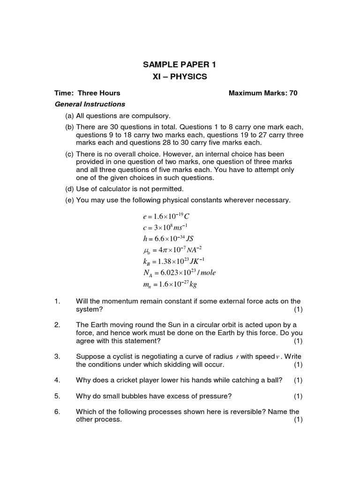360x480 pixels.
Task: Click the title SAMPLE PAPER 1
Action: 180,65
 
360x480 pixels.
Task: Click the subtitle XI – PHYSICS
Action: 180,76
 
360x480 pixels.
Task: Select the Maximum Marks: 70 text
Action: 262,93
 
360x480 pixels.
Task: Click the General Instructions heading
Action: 90,104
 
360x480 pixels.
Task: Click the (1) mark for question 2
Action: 298,341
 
